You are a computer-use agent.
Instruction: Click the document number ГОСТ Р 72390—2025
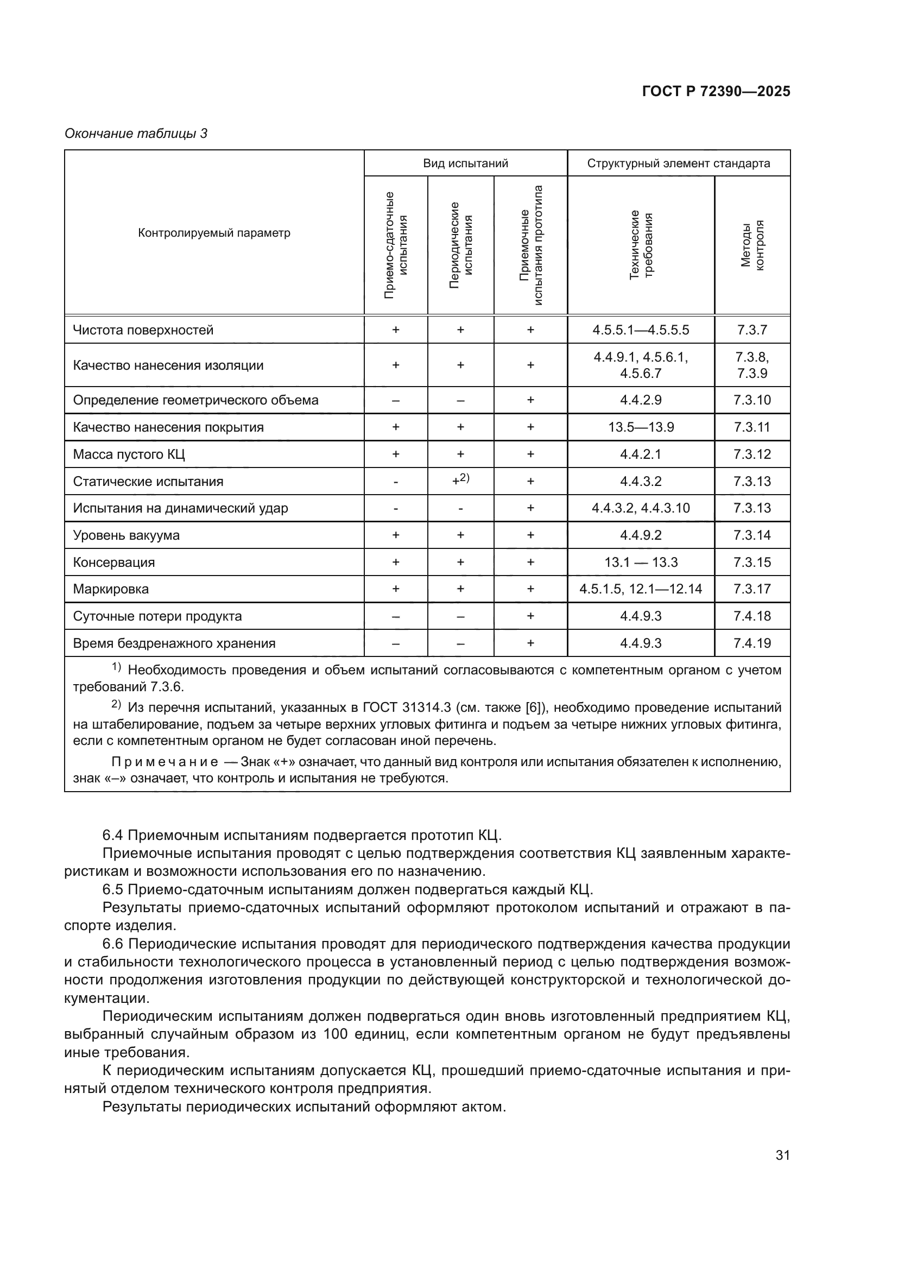click(716, 92)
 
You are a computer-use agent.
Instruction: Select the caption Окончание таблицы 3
click(136, 134)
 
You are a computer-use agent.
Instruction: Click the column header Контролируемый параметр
click(214, 233)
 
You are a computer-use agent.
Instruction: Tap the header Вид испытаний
click(465, 163)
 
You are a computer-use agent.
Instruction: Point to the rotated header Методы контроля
click(752, 245)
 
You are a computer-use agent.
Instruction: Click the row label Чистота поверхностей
click(143, 330)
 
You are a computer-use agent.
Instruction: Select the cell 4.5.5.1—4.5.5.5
click(640, 330)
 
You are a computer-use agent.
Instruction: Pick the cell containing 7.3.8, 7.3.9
click(751, 365)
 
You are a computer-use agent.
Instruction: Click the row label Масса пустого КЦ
click(129, 454)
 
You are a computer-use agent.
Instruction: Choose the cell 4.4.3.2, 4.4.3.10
click(640, 508)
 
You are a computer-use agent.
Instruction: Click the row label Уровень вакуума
click(127, 535)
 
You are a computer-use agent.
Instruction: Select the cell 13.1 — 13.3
click(640, 563)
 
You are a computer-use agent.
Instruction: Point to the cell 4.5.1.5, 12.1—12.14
click(640, 589)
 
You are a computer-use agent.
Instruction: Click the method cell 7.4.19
click(751, 643)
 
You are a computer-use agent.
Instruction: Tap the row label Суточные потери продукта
click(157, 616)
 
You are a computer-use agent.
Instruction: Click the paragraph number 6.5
click(113, 889)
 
